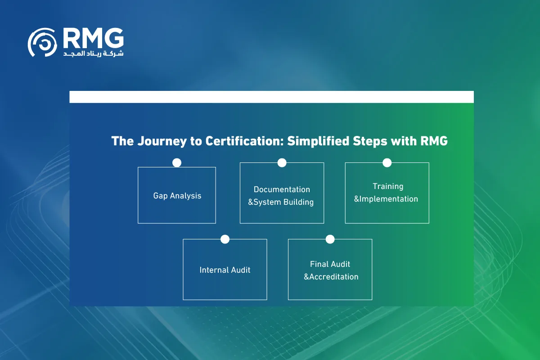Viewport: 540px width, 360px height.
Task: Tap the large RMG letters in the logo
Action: click(x=93, y=39)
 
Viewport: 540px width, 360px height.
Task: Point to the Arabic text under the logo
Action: click(x=93, y=54)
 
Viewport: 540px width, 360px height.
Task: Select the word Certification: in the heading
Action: click(x=244, y=141)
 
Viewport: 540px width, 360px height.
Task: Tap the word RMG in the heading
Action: click(x=434, y=141)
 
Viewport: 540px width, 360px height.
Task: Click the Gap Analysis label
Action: click(x=177, y=196)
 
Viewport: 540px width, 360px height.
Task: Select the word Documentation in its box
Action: click(x=282, y=189)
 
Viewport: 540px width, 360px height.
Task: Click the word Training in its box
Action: click(x=388, y=186)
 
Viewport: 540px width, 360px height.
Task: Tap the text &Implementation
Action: click(x=386, y=199)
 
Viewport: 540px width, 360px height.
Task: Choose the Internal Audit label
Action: click(x=225, y=270)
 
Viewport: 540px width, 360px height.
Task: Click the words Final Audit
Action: click(x=330, y=264)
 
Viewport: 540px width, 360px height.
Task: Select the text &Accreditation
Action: click(x=331, y=277)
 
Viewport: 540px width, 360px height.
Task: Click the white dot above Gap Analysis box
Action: click(x=177, y=163)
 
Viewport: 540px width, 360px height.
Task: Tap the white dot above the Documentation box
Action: click(x=282, y=163)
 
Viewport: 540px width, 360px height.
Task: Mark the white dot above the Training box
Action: click(x=387, y=163)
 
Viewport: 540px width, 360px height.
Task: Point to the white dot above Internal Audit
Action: click(x=225, y=239)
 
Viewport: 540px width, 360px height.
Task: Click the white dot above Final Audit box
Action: click(x=330, y=239)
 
